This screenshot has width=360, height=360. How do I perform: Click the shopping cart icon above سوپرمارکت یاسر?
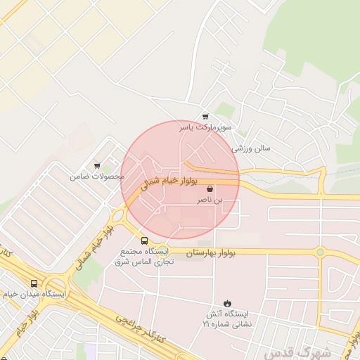[205, 117]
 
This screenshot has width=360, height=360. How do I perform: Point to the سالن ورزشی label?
[251, 149]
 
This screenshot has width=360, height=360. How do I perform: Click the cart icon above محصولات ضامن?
[97, 166]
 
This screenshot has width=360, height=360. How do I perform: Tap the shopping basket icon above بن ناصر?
[211, 189]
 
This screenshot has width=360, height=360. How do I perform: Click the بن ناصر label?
[212, 200]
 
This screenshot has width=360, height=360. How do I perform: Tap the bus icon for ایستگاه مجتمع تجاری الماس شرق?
[144, 240]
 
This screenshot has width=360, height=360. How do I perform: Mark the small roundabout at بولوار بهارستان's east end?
[320, 251]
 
